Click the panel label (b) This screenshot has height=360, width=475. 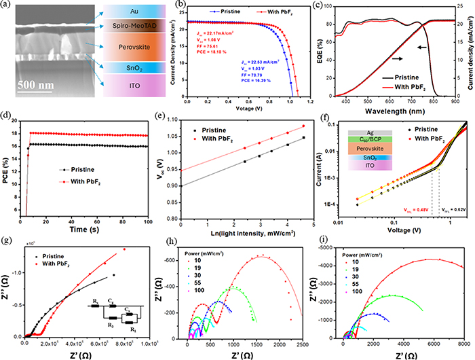(x=163, y=5)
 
